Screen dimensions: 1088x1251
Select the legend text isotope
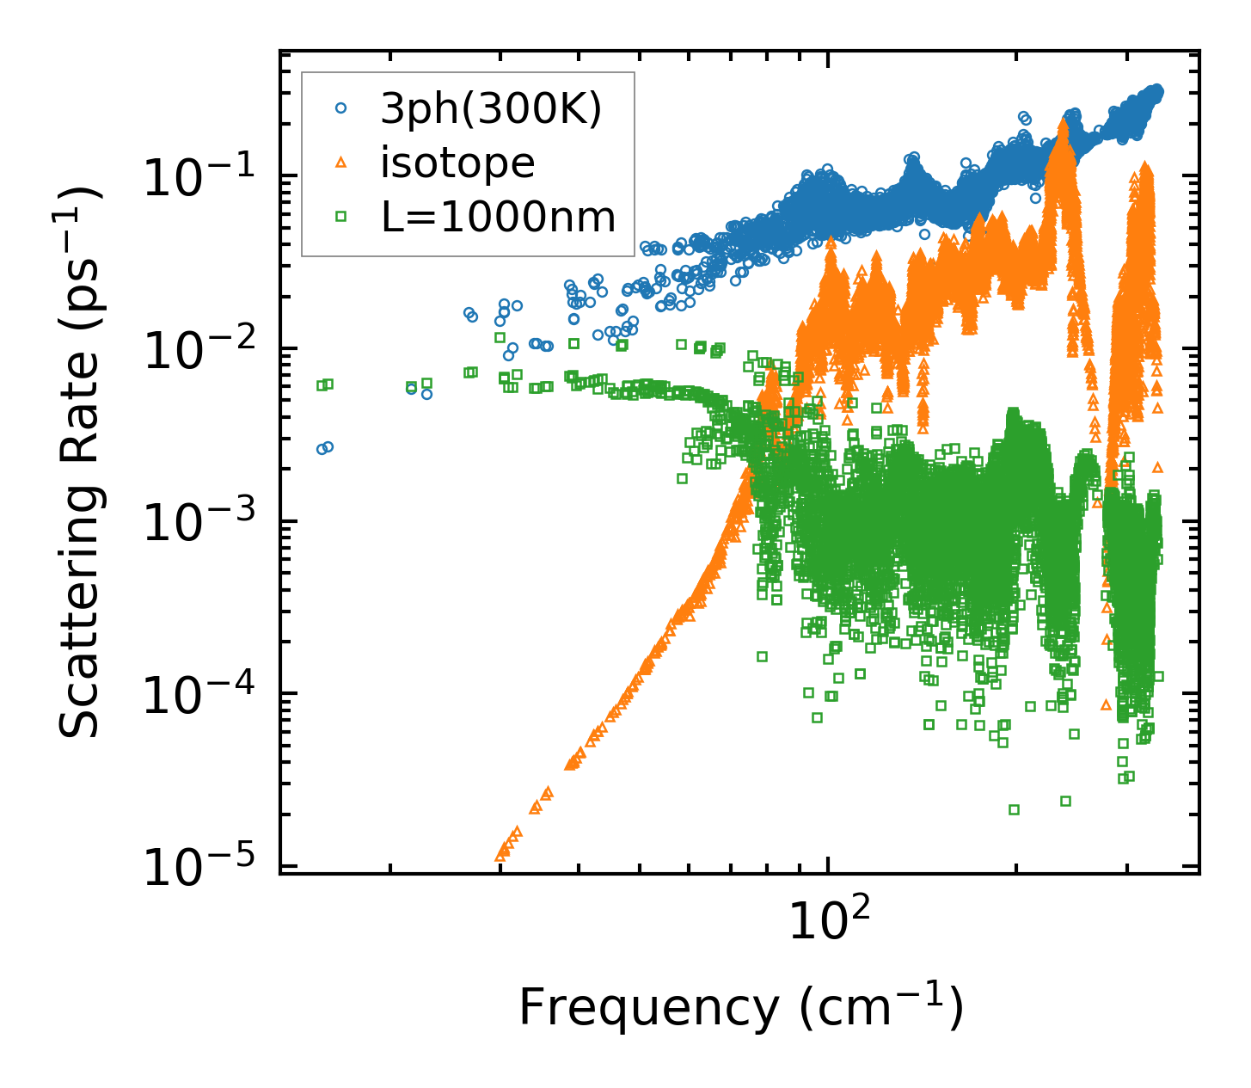pos(457,163)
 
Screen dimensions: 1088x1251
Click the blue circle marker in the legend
pos(341,109)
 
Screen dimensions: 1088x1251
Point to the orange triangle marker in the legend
pos(341,163)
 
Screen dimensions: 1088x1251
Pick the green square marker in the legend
pos(341,217)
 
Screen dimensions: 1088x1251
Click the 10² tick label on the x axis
pos(827,923)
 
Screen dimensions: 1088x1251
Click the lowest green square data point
pos(1014,809)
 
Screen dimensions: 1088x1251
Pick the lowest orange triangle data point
pos(500,857)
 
